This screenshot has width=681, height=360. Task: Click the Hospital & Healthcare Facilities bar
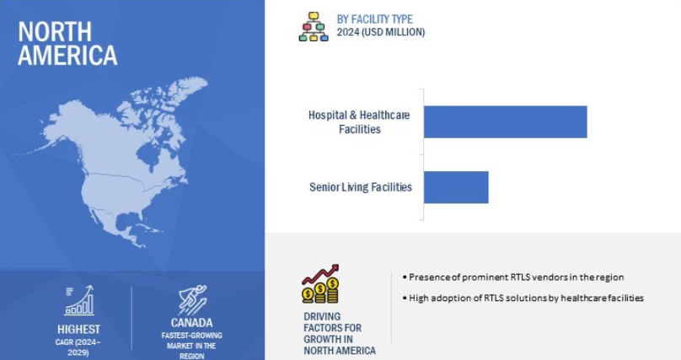click(x=505, y=121)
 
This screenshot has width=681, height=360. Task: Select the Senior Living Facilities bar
click(x=456, y=187)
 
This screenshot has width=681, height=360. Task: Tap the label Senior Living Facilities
click(x=361, y=187)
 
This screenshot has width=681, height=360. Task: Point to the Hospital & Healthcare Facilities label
click(x=359, y=122)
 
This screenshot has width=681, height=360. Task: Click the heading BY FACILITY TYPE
click(x=374, y=19)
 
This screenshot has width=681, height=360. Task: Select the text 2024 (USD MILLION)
click(x=380, y=32)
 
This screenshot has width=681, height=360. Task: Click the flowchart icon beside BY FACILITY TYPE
click(x=314, y=26)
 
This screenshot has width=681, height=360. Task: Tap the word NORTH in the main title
click(x=55, y=32)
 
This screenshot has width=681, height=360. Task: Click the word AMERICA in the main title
click(x=67, y=55)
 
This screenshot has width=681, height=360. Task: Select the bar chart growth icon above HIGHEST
click(x=79, y=300)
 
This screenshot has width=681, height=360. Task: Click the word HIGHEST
click(x=78, y=329)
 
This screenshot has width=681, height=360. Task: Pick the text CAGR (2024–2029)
click(x=78, y=347)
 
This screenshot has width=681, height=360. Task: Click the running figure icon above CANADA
click(x=192, y=299)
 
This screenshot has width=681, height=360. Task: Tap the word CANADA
click(x=191, y=323)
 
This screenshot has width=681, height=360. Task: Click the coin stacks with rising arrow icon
click(x=320, y=284)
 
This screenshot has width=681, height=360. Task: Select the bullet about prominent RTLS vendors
click(x=513, y=277)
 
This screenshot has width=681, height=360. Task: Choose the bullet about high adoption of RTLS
click(x=523, y=298)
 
